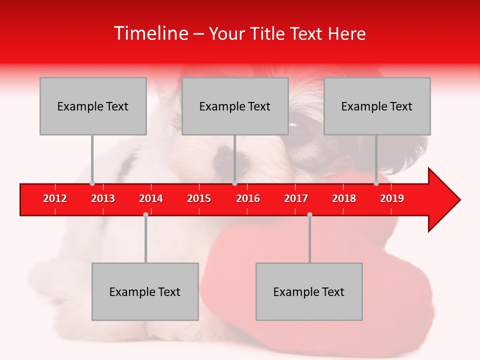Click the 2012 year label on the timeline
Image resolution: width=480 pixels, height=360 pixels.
pyautogui.click(x=55, y=198)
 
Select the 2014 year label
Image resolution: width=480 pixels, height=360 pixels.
pyautogui.click(x=151, y=198)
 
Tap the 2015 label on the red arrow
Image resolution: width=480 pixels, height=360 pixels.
pyautogui.click(x=199, y=198)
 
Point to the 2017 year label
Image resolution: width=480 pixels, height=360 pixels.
pyautogui.click(x=296, y=198)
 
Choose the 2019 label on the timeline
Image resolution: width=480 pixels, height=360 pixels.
pyautogui.click(x=392, y=198)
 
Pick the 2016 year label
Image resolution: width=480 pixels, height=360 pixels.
pyautogui.click(x=248, y=198)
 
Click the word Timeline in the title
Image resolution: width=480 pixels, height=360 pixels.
pyautogui.click(x=150, y=33)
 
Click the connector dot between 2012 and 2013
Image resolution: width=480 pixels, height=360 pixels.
pyautogui.click(x=92, y=183)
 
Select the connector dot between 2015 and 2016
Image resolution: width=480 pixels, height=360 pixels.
pyautogui.click(x=234, y=183)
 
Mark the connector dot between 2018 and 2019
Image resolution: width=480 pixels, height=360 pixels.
pyautogui.click(x=376, y=183)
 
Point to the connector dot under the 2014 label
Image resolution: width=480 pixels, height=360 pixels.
pyautogui.click(x=145, y=214)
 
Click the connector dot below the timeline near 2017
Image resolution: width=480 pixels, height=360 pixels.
pyautogui.click(x=309, y=214)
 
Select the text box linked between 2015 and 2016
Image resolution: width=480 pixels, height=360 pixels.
pyautogui.click(x=235, y=106)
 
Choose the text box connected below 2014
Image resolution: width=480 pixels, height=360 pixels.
pyautogui.click(x=145, y=291)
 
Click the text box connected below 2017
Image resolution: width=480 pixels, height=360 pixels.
pyautogui.click(x=309, y=291)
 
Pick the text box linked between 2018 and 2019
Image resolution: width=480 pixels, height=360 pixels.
pyautogui.click(x=377, y=106)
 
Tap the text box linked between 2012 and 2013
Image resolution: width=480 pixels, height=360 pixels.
pyautogui.click(x=93, y=106)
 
